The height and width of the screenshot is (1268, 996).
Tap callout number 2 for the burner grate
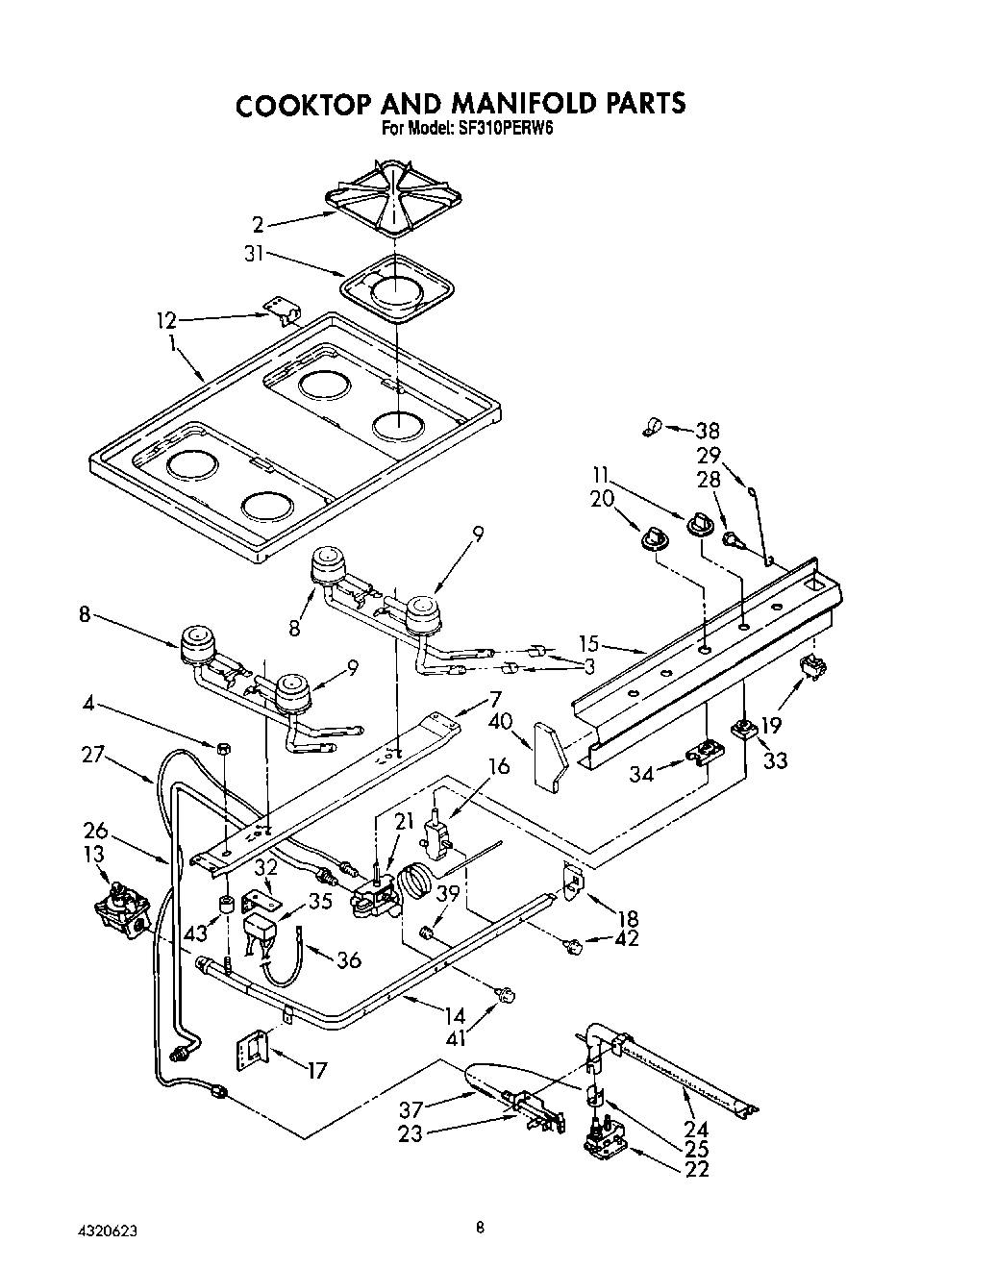coord(258,225)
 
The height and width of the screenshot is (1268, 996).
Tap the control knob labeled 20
coord(656,538)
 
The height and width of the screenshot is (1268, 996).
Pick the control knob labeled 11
coord(700,524)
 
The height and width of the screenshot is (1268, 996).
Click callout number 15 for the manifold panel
coord(589,643)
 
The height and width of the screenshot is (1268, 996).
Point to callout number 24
coord(698,1131)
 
